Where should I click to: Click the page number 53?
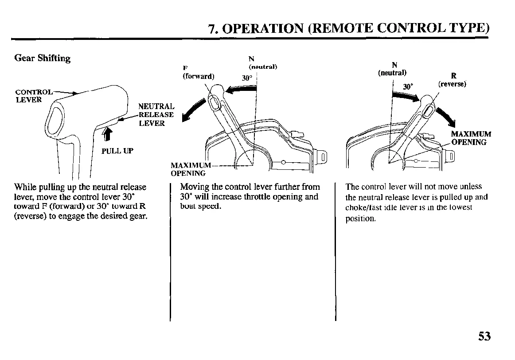click(x=484, y=336)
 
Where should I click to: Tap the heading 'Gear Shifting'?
click(x=43, y=58)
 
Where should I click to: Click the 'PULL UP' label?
click(x=117, y=151)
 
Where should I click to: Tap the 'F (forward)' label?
click(x=198, y=72)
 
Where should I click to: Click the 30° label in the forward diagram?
click(x=247, y=78)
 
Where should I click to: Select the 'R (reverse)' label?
click(x=453, y=80)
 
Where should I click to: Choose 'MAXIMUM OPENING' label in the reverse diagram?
click(x=471, y=138)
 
